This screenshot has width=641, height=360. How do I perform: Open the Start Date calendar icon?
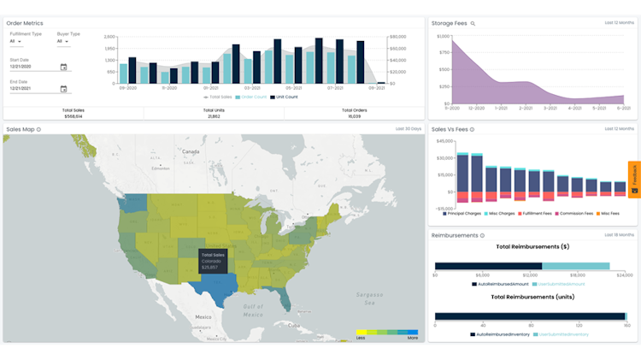pyautogui.click(x=63, y=67)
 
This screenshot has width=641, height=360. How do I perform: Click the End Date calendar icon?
pyautogui.click(x=63, y=88)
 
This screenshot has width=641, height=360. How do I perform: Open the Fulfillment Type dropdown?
pyautogui.click(x=15, y=41)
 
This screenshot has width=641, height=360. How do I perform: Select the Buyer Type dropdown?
pyautogui.click(x=62, y=41)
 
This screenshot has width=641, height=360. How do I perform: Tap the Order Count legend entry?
pyautogui.click(x=251, y=97)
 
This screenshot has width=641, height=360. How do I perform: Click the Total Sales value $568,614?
pyautogui.click(x=73, y=115)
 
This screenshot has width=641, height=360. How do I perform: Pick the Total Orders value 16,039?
pyautogui.click(x=354, y=115)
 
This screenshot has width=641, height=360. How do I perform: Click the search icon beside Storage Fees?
pyautogui.click(x=473, y=24)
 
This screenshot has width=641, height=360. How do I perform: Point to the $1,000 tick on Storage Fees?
pyautogui.click(x=442, y=37)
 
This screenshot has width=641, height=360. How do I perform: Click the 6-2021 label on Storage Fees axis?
pyautogui.click(x=623, y=108)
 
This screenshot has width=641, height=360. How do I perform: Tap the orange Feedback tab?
pyautogui.click(x=634, y=179)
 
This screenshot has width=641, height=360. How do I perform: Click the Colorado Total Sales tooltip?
pyautogui.click(x=213, y=261)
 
